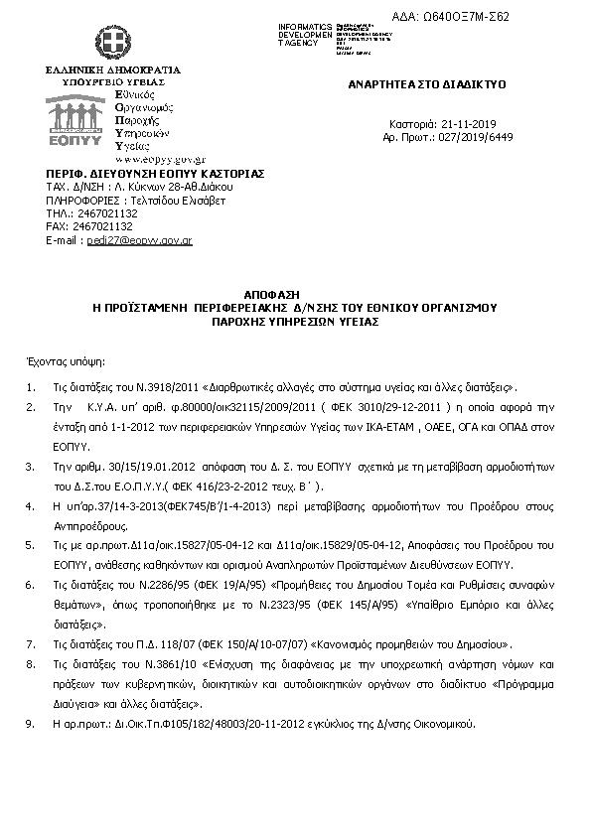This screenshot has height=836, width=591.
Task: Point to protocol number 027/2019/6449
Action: click(477, 136)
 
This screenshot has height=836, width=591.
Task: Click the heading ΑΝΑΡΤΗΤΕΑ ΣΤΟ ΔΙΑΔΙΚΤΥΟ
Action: click(424, 85)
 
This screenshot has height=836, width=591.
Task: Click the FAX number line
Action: click(89, 226)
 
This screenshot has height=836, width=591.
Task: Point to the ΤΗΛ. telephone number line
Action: click(91, 212)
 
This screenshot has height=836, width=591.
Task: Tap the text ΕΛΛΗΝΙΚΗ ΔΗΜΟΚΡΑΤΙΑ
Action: click(113, 70)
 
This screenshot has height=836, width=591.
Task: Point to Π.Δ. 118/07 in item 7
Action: click(146, 643)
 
